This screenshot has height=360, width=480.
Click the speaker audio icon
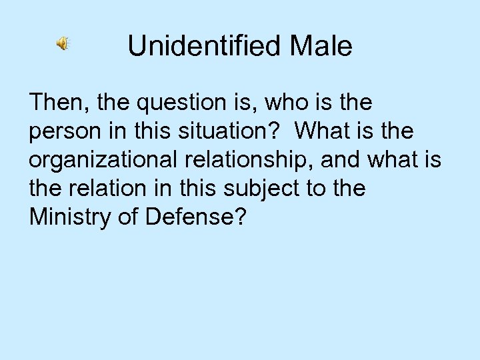point(62,45)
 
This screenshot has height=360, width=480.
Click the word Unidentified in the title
point(199,46)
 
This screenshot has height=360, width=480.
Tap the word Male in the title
point(317,46)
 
